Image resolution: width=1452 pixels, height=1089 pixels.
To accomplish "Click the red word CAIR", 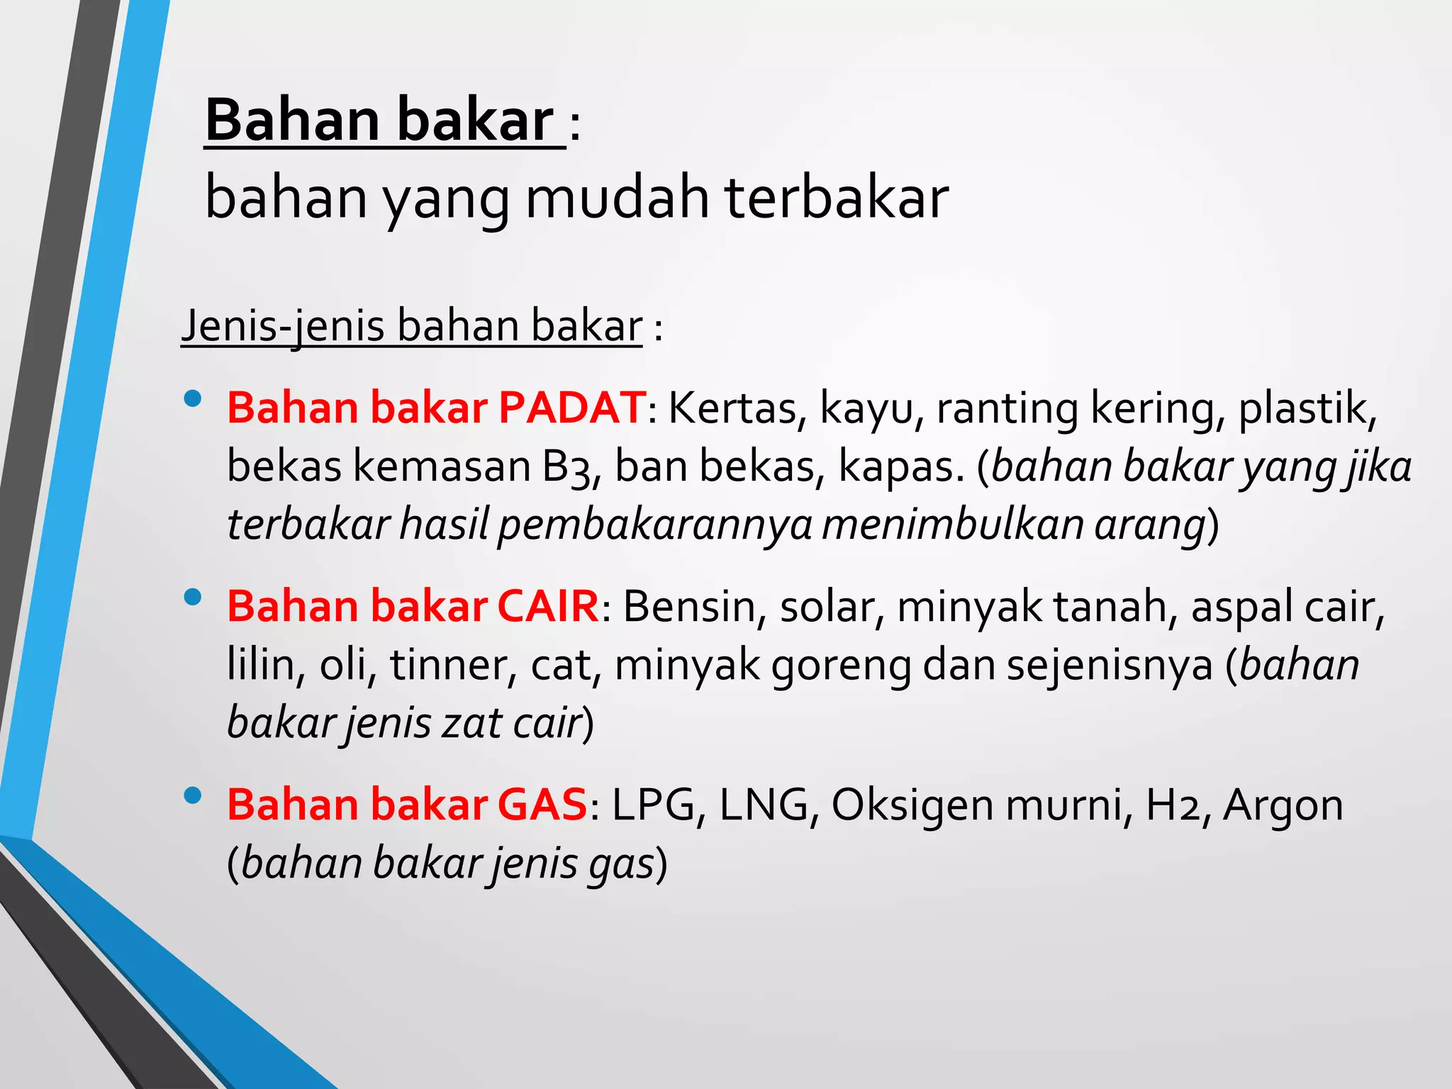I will point(548,607).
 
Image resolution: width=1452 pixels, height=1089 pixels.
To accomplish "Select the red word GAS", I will point(542,805).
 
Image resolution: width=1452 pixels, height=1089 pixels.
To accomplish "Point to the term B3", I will point(567,468).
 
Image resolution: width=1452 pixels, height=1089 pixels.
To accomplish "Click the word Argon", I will point(1283,805).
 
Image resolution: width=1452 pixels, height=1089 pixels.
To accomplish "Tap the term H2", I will point(1172,805).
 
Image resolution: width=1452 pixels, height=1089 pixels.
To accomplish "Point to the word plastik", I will point(1307,410).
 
